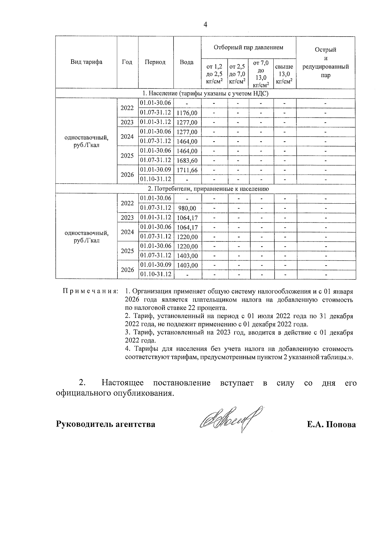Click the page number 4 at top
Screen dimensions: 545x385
coord(205,25)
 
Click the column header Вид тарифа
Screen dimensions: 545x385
coord(86,62)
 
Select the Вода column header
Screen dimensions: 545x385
coord(187,62)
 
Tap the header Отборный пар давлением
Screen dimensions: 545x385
coord(248,48)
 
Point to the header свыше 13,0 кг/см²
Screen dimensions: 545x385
coord(284,74)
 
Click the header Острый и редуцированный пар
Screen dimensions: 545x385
coord(325,62)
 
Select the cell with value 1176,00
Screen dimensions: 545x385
coord(187,113)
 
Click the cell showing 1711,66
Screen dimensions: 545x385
coord(187,170)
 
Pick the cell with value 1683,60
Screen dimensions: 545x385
coord(187,160)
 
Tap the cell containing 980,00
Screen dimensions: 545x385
coord(187,208)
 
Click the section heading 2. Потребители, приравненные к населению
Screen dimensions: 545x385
coord(205,189)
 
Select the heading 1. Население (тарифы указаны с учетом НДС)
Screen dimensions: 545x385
coord(205,93)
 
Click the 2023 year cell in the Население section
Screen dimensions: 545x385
coord(127,122)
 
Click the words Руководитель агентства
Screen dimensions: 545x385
coord(106,424)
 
